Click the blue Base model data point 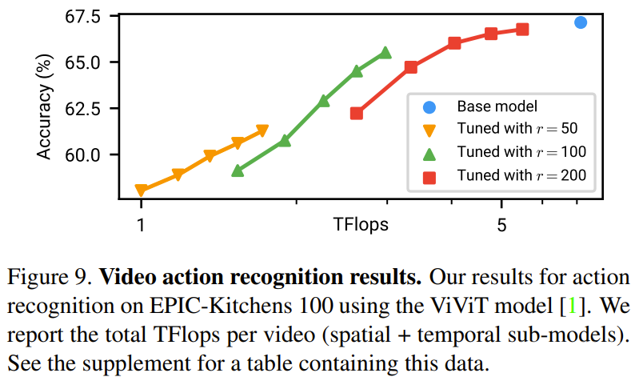tap(581, 22)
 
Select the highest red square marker tap(522, 30)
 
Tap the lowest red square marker tap(357, 113)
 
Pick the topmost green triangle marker tap(385, 52)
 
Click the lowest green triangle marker tap(238, 170)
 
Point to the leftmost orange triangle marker tap(142, 191)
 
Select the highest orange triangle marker tap(262, 130)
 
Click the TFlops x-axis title tap(361, 225)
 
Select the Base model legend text tap(496, 106)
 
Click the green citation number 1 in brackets tap(572, 307)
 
